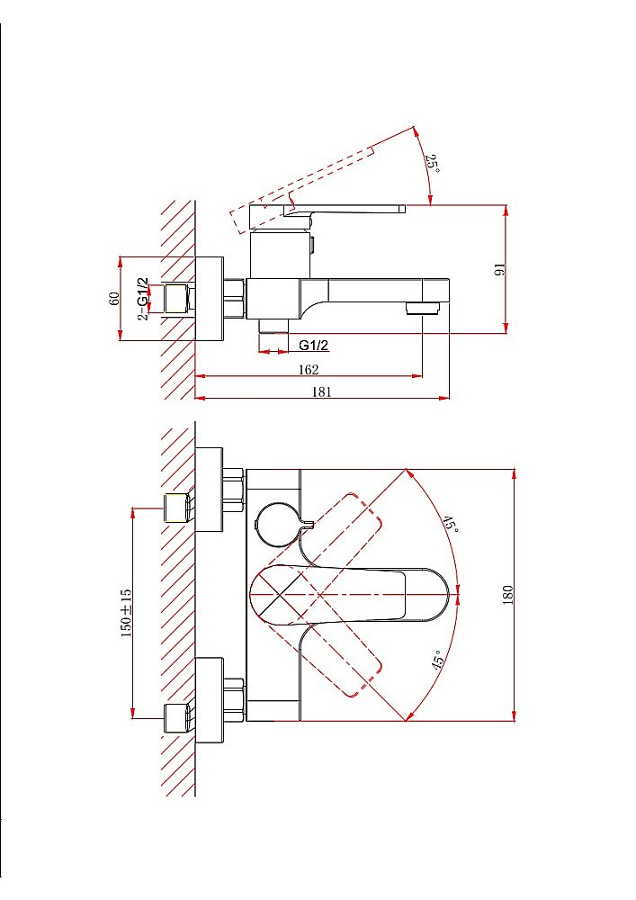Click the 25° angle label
[433, 165]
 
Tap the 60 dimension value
[114, 299]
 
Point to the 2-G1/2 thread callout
[143, 299]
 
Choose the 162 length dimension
[308, 369]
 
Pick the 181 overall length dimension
[322, 391]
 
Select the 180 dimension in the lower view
[507, 594]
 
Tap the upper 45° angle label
[450, 524]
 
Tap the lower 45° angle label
[438, 660]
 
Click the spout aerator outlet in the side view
[423, 309]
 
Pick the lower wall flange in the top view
[209, 700]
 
